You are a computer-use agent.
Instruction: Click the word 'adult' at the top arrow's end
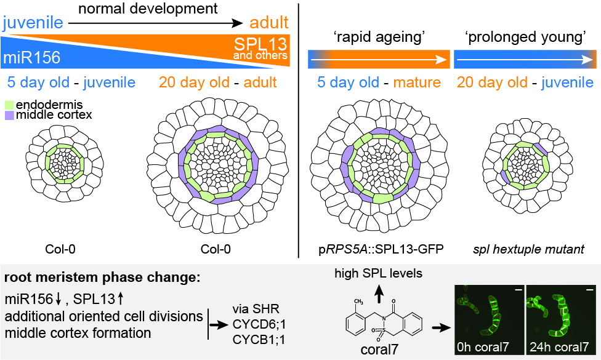(x=268, y=23)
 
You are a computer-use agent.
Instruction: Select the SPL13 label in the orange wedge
(x=261, y=44)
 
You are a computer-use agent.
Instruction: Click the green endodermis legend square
(x=9, y=105)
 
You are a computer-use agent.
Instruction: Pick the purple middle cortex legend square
(x=9, y=115)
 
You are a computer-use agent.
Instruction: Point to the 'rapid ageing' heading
(x=377, y=38)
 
